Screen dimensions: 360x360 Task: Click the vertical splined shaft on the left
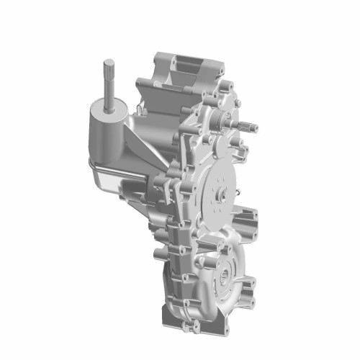pos(108,83)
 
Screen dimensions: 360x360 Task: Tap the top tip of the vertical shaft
pos(108,60)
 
